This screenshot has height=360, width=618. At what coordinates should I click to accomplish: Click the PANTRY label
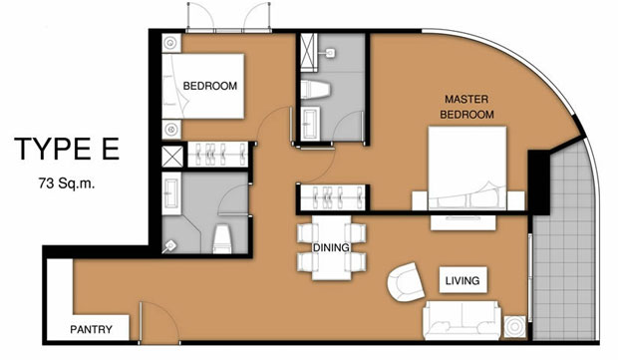point(91,329)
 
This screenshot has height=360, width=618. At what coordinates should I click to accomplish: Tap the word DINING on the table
point(331,247)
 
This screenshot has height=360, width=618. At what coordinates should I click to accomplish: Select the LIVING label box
point(463,280)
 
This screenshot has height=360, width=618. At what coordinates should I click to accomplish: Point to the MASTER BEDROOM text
point(467,107)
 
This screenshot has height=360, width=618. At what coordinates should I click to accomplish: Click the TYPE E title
point(67,149)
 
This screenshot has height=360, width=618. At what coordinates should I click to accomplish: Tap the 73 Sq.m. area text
point(67,183)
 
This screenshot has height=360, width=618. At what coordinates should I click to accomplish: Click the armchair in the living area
point(405,282)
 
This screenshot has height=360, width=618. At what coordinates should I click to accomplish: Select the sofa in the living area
point(462,320)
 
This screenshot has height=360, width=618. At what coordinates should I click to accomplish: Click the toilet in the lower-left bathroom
point(222,238)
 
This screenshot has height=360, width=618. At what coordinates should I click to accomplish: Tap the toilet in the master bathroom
point(315,90)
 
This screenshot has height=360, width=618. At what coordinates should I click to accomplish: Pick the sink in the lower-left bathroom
point(171,193)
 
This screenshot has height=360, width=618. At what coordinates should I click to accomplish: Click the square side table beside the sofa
point(514,327)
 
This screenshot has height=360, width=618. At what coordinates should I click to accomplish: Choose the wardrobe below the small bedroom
point(217,155)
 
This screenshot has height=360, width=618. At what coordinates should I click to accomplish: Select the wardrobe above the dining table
point(334,197)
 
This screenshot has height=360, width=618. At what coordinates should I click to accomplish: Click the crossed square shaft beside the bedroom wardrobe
point(172,157)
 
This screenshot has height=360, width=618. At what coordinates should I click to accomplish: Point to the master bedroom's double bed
point(467,168)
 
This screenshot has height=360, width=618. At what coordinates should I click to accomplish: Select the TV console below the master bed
point(463,222)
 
